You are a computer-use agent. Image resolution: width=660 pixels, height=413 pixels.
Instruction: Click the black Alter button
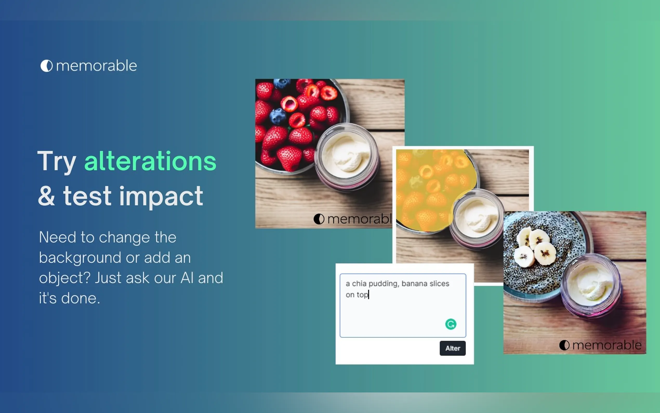[452, 348]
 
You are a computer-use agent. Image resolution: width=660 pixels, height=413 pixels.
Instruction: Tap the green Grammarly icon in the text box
[451, 324]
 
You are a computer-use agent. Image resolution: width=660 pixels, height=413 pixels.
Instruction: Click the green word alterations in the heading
[150, 161]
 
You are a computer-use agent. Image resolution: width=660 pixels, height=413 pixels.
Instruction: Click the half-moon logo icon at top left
[47, 66]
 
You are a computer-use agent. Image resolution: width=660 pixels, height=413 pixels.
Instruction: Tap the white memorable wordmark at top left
[96, 66]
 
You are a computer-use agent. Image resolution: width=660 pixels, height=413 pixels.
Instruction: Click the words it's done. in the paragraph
[69, 298]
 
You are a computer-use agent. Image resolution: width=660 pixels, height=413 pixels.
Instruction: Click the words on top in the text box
[357, 295]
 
